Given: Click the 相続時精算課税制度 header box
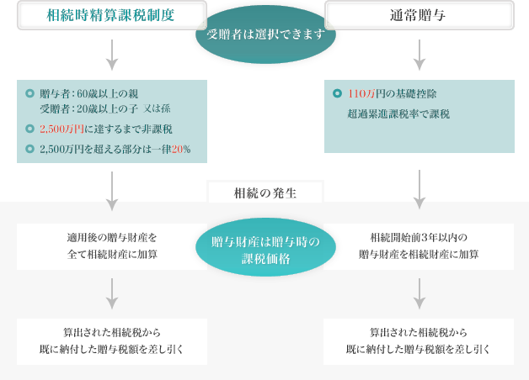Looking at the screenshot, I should coord(111,14).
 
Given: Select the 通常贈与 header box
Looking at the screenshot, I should coord(419,14).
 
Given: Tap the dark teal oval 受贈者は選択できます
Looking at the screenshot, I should coord(265,34).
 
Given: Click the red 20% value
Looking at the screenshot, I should coord(180,149).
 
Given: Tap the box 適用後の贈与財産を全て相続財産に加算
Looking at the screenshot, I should coord(112,245).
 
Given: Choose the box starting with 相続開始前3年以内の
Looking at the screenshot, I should coord(419,245).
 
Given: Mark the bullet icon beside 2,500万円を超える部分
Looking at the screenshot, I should coord(29,149).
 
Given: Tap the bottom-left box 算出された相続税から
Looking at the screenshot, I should coord(112,340).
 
